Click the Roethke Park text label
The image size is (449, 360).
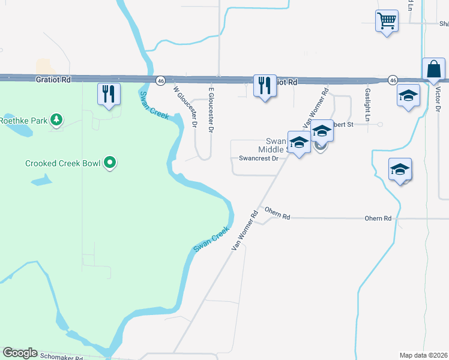point(23,121)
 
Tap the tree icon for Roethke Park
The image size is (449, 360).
point(56,120)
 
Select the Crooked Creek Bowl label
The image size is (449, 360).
point(62,163)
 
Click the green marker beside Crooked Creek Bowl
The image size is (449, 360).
point(109,163)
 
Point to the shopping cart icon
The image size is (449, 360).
point(387,21)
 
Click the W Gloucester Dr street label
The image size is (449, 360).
point(185,107)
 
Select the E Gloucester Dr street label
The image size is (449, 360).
point(211,109)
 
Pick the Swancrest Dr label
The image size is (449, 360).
point(259,159)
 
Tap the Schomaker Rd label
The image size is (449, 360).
point(61,356)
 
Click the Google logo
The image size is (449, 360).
point(20,353)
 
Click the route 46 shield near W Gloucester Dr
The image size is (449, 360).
point(160,80)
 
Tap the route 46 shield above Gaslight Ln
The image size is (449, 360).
point(393,80)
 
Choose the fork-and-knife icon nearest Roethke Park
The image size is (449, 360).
point(109,94)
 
